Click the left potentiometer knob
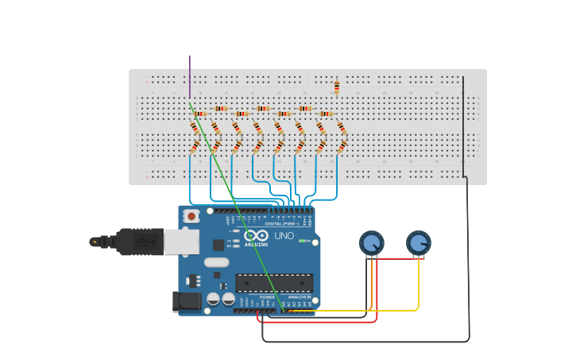pyautogui.click(x=371, y=242)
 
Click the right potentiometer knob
pyautogui.click(x=418, y=242)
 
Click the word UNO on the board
pyautogui.click(x=284, y=236)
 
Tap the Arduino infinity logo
pyautogui.click(x=257, y=235)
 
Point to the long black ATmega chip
pyautogui.click(x=274, y=282)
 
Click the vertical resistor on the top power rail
pyautogui.click(x=337, y=87)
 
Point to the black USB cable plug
pyautogui.click(x=139, y=242)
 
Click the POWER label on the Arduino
pyautogui.click(x=267, y=297)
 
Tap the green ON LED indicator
pyautogui.click(x=303, y=240)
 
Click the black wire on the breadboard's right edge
pyautogui.click(x=463, y=127)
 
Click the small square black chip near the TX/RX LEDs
pyautogui.click(x=218, y=245)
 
